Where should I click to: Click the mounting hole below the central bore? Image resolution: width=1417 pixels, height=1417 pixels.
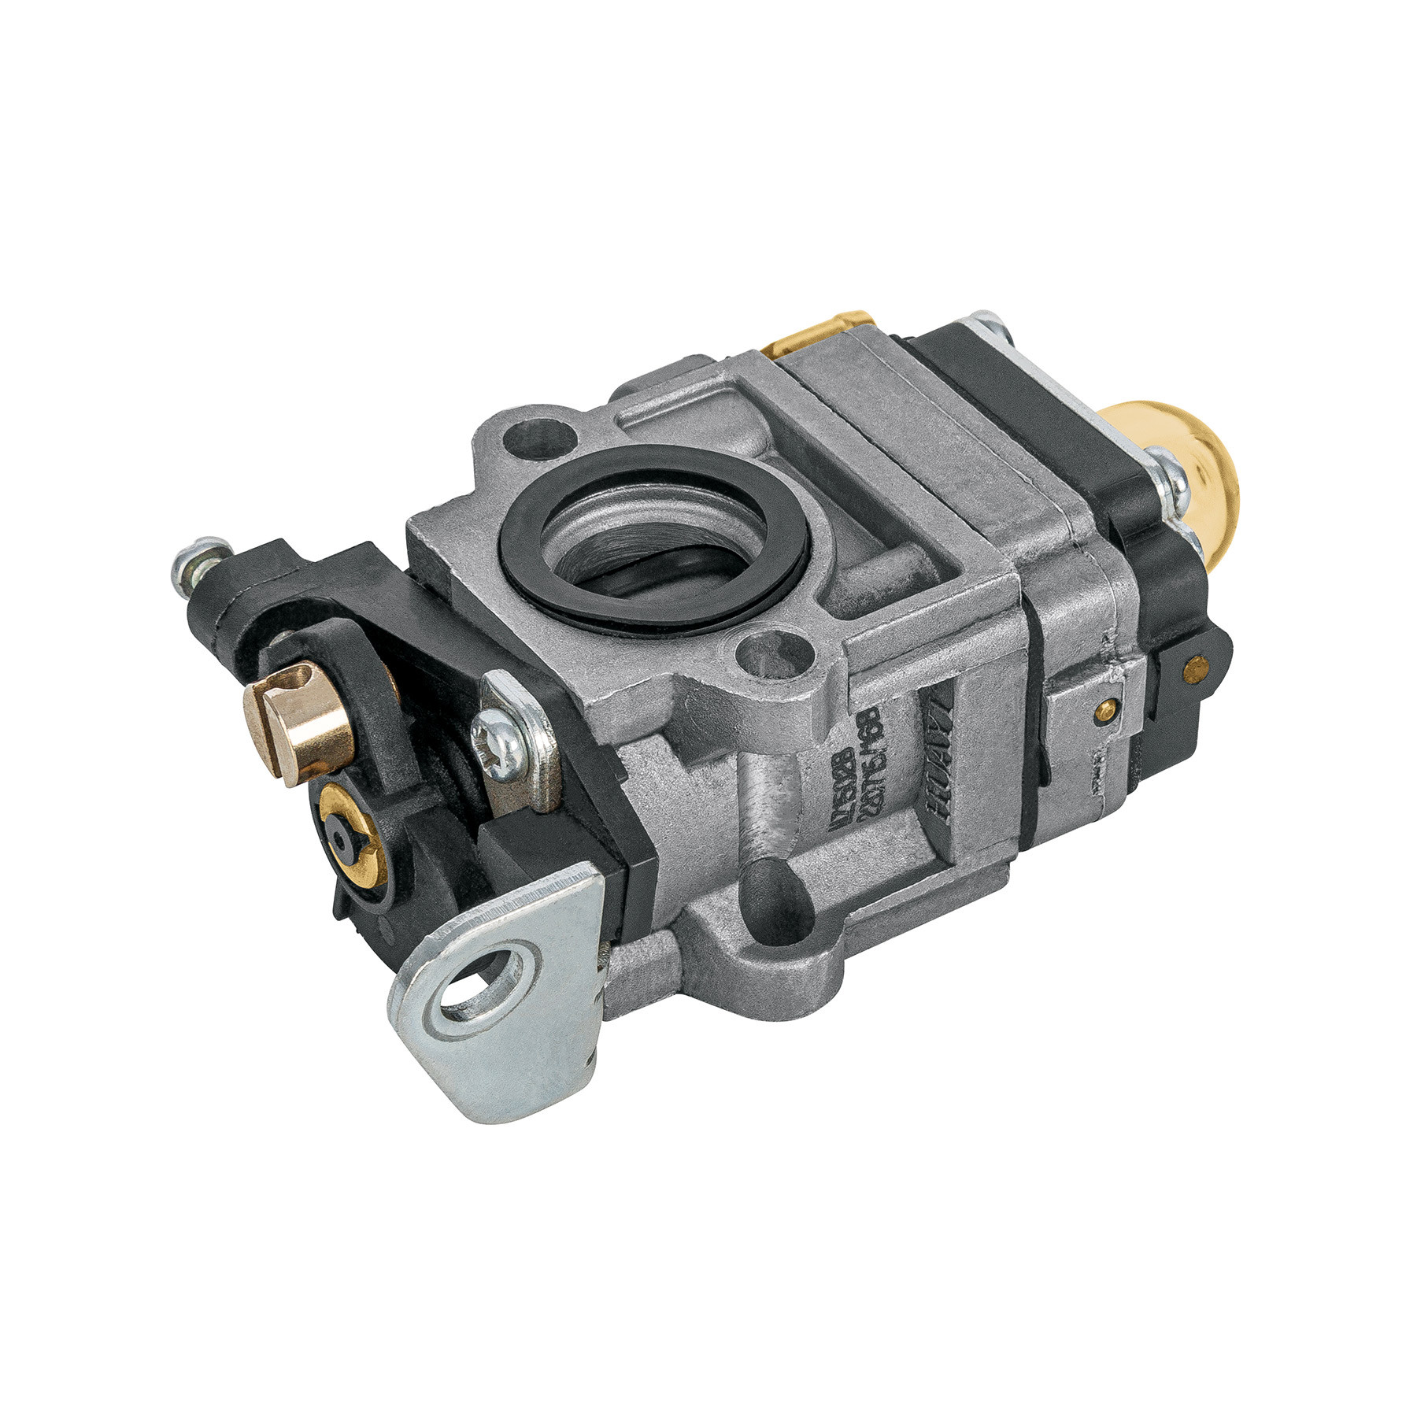(x=772, y=649)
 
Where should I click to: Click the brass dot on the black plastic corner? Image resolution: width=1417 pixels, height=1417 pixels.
(x=1197, y=669)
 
